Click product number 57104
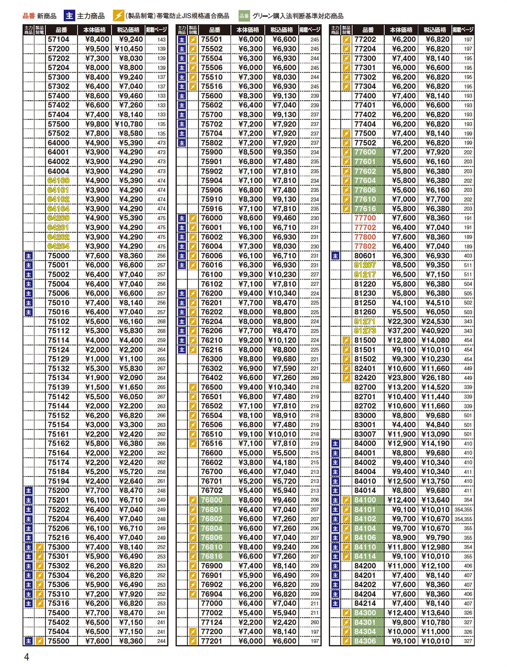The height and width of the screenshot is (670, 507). coord(58,39)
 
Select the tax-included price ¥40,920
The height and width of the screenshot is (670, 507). coord(435,331)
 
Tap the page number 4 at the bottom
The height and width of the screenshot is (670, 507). coord(27,657)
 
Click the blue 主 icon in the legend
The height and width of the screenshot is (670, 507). coord(69,16)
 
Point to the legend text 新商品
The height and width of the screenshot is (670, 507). coord(47,16)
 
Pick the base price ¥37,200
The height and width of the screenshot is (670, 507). coord(402,331)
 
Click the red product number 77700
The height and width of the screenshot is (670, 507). coord(365,218)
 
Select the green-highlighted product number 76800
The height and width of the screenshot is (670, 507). coord(212,500)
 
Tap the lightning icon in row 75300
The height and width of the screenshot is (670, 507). coord(40,547)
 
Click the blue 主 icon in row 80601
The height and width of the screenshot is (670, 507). coord(335,256)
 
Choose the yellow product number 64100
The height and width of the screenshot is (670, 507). coord(58,180)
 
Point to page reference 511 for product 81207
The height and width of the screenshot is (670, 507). coord(468,265)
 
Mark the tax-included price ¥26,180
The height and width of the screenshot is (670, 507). coord(435,378)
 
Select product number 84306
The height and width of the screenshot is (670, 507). coord(365,641)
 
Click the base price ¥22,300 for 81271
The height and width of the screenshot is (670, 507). coord(402,322)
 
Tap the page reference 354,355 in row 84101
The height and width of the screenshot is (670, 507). coord(463,509)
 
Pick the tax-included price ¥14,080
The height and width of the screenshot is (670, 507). coord(435,340)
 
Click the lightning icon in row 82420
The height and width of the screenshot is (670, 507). coord(346,378)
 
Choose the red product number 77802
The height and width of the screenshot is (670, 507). coord(365,246)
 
